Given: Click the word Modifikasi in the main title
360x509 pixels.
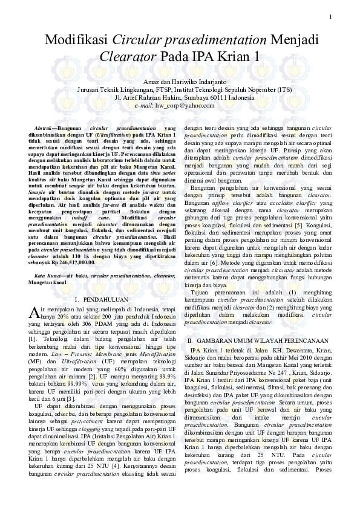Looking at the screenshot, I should [76, 41].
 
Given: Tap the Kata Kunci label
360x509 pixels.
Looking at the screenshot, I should [47, 275].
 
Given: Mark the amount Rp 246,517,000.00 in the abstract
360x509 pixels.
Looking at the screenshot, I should [72, 263].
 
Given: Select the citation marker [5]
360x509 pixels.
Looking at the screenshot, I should [299, 224].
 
